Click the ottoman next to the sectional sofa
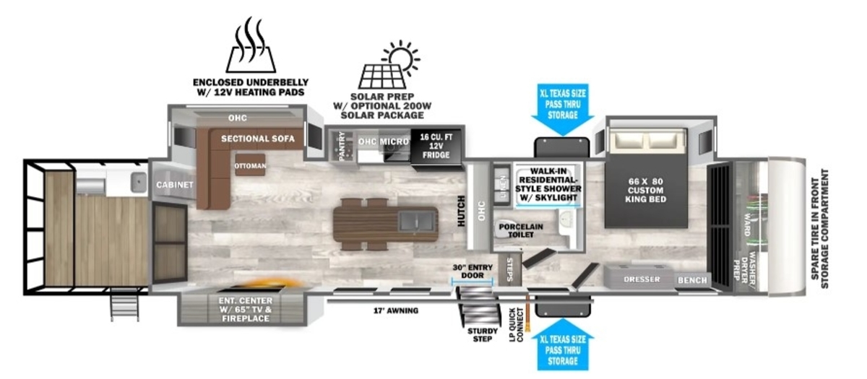click(251, 165)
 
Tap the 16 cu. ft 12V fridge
click(436, 148)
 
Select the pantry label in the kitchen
click(342, 146)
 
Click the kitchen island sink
click(416, 221)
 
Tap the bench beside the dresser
click(692, 280)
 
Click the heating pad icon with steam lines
click(251, 45)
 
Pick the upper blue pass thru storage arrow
click(563, 110)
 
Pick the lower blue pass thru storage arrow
click(563, 344)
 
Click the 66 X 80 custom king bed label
click(646, 191)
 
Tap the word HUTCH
click(461, 211)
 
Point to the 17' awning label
click(396, 310)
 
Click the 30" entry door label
click(473, 271)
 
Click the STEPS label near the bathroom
click(509, 269)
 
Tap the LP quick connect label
click(516, 325)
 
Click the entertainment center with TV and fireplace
click(245, 309)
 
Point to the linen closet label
click(503, 187)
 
